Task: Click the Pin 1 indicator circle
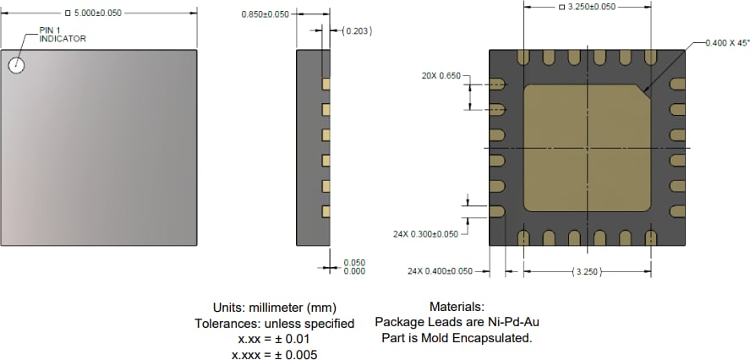(x=17, y=65)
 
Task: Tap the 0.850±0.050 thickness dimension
(x=265, y=14)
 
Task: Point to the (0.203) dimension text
(x=359, y=31)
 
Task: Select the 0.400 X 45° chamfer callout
(x=726, y=41)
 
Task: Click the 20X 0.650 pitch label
(x=441, y=76)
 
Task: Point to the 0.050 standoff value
(x=354, y=263)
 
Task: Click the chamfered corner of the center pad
(x=644, y=92)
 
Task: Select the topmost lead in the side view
(x=325, y=85)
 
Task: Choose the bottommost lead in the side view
(x=325, y=210)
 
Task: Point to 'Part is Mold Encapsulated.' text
(x=457, y=338)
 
